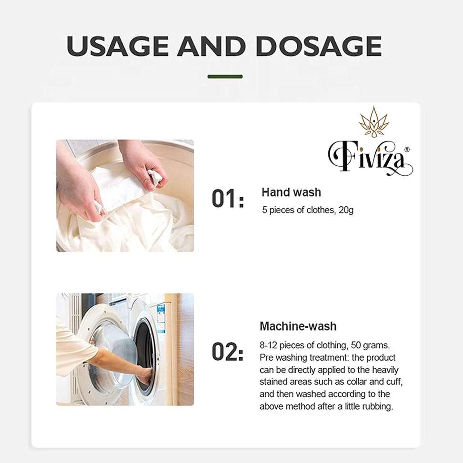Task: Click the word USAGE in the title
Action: pos(117,46)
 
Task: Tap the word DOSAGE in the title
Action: pos(319,46)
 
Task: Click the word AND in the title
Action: pos(211,46)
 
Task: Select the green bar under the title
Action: pos(225,77)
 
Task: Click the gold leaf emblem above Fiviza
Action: pos(374,121)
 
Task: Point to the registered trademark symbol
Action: pos(407,150)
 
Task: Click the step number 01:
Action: pos(228,199)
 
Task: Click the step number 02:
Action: pos(228,352)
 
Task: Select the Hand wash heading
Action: pos(291,192)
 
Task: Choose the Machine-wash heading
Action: pos(298,326)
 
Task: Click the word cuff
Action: pos(394,382)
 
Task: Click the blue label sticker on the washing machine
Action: pos(161,317)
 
